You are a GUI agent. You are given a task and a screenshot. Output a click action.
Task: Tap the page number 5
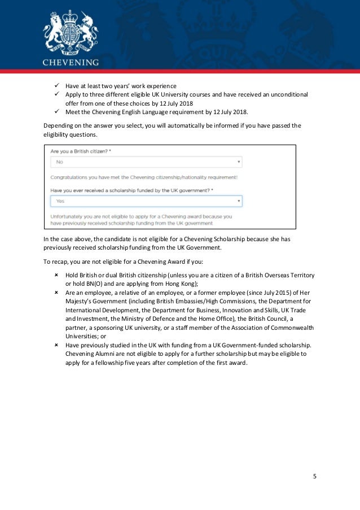point(315,477)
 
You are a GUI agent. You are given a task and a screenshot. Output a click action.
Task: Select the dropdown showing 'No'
point(146,162)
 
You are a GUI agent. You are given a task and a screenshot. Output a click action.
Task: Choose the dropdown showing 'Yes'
point(146,200)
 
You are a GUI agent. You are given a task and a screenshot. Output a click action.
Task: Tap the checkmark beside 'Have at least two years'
point(57,86)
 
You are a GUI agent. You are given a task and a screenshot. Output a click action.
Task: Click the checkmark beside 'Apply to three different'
point(57,94)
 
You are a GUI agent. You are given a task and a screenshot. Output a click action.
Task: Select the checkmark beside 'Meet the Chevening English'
point(57,112)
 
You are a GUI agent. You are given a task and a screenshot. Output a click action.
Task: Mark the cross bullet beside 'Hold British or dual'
point(57,275)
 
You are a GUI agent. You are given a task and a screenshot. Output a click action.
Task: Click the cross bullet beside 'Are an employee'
point(57,293)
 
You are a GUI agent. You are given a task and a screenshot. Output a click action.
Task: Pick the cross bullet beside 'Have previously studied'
point(57,345)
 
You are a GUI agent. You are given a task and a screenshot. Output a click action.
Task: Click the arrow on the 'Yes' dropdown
point(239,200)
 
